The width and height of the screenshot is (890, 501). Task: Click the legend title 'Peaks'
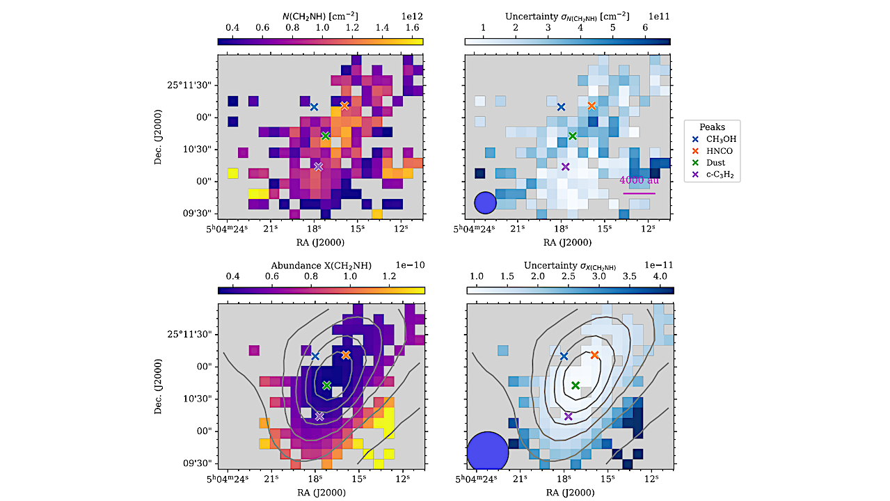[712, 127]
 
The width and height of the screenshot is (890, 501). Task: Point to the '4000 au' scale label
[639, 181]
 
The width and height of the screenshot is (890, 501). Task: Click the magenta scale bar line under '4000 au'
[639, 193]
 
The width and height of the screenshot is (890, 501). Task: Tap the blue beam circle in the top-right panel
[485, 202]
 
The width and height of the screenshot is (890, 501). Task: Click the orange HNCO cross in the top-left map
[344, 106]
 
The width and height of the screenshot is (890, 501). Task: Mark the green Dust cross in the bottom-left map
[326, 385]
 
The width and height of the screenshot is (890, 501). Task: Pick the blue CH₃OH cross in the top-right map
[562, 106]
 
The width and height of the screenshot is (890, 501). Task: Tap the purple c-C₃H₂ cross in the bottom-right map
[568, 416]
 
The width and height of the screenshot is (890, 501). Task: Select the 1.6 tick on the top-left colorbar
[412, 26]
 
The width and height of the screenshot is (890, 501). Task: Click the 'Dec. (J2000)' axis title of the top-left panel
[161, 136]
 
